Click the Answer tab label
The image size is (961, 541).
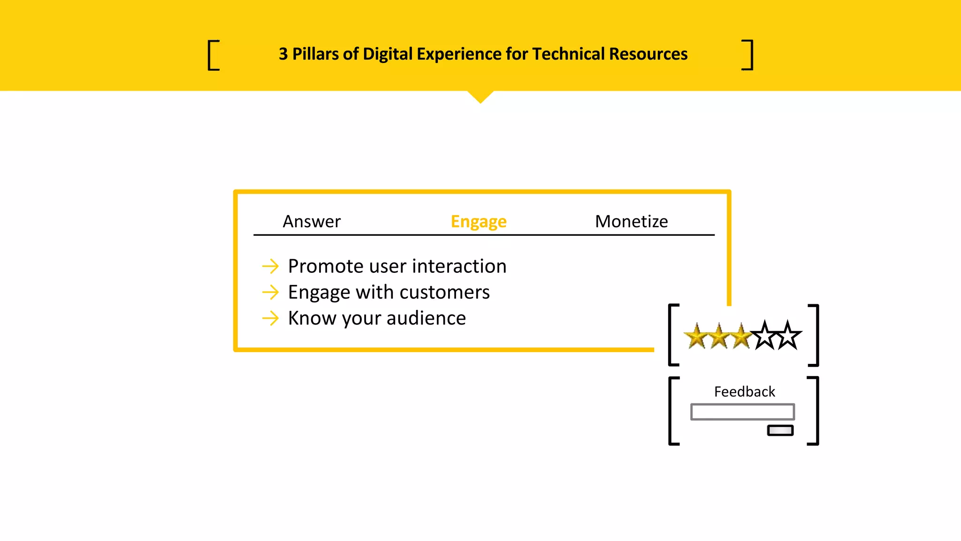coord(312,221)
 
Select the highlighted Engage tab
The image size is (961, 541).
coord(478,221)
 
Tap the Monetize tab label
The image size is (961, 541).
coord(631,221)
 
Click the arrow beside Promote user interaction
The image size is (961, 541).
coord(270,266)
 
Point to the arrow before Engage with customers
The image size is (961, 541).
coord(270,292)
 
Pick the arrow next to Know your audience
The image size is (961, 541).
coord(270,318)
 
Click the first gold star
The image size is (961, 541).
coord(696,337)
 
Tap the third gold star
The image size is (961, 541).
coord(741,337)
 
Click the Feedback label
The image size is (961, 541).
coord(744,392)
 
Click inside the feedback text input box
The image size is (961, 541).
coord(742,412)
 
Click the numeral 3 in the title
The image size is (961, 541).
coord(283,54)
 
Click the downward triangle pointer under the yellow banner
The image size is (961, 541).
coord(480,96)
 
